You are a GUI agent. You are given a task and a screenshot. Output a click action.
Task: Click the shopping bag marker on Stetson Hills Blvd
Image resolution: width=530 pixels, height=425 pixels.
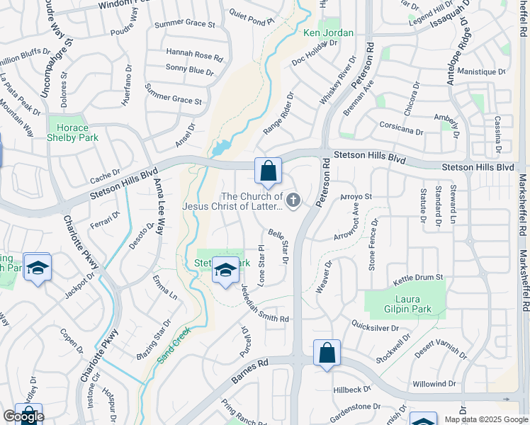[268, 171]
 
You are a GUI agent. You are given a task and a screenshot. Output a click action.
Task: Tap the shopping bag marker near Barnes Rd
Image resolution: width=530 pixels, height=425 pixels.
[327, 353]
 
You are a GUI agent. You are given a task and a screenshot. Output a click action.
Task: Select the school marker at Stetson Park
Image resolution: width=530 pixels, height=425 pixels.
[225, 270]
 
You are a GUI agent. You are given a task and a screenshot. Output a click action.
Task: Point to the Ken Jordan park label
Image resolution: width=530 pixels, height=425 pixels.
[327, 33]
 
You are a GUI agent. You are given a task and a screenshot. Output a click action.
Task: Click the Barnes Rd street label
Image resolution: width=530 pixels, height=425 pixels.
[252, 371]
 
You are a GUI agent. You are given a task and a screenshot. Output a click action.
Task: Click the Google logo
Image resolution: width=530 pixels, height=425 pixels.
[23, 416]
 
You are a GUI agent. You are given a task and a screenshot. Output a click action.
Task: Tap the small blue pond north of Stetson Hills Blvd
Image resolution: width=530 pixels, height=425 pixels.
[222, 148]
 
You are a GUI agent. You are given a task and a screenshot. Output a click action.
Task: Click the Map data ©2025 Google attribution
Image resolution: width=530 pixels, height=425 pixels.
[485, 419]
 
